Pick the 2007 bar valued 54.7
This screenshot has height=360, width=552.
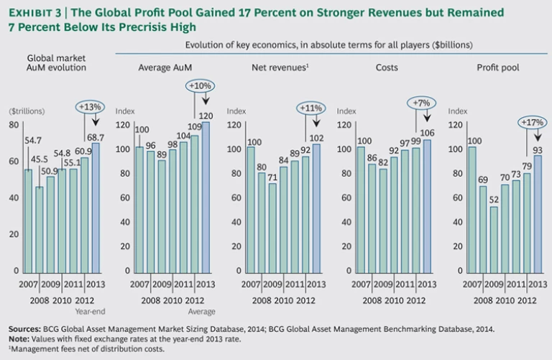pyautogui.click(x=28, y=220)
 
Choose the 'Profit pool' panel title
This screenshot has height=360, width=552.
pyautogui.click(x=497, y=67)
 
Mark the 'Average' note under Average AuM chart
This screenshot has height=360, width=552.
pyautogui.click(x=201, y=311)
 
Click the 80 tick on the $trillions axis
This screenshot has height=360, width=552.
pyautogui.click(x=13, y=125)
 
